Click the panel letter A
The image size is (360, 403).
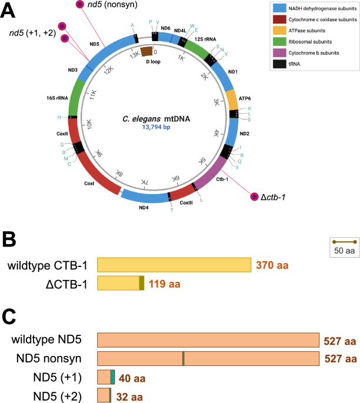[11, 9]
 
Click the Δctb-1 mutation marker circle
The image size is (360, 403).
[255, 196]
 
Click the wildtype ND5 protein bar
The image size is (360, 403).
[208, 339]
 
